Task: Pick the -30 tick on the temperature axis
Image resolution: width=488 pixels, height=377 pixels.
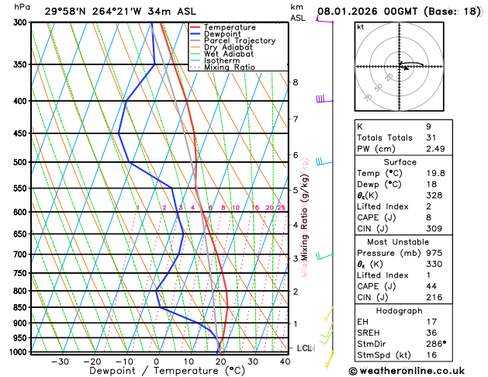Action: (59, 361)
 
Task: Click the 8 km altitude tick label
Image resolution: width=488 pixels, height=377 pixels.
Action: (296, 82)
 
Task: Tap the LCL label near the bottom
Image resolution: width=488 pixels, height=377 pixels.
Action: (304, 348)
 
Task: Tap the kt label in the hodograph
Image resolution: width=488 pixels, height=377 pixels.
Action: (360, 26)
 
